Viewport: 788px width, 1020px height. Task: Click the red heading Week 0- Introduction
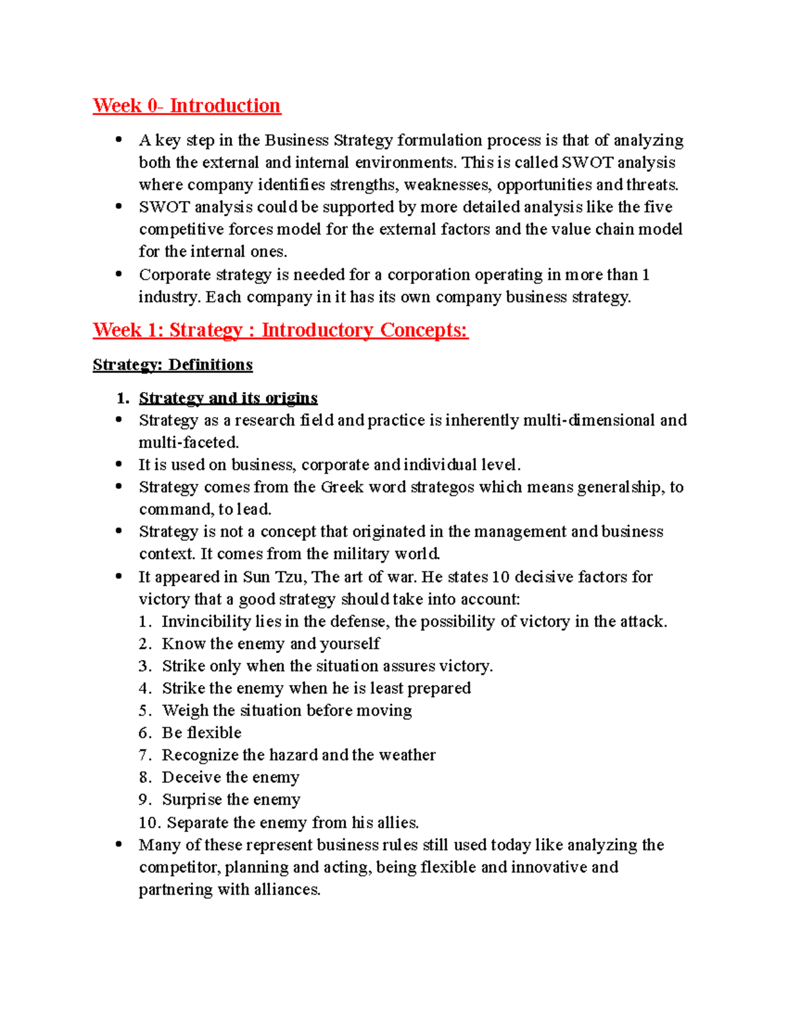tap(186, 106)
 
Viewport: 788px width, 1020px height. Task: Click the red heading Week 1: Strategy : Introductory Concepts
tap(280, 330)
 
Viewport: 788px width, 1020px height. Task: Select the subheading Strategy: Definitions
tap(173, 365)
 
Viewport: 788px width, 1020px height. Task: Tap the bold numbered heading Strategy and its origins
tap(228, 398)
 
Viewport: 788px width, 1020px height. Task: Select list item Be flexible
tap(202, 733)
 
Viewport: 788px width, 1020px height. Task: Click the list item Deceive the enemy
tap(230, 778)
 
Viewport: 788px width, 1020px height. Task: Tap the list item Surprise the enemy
tap(231, 800)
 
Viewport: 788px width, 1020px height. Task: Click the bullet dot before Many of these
tap(119, 844)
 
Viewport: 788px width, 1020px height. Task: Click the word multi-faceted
tap(188, 443)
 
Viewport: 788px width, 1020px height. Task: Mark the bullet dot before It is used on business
tap(119, 464)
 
